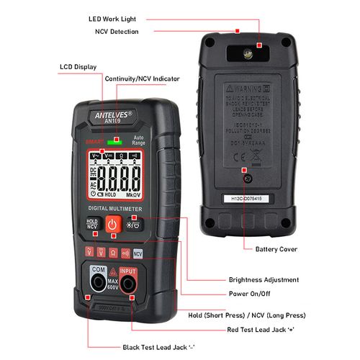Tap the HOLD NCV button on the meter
[91, 225]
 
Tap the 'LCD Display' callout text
[78, 67]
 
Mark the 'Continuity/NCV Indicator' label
[143, 78]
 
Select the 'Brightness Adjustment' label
[264, 279]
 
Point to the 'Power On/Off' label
[249, 294]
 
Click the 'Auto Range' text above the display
[139, 141]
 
